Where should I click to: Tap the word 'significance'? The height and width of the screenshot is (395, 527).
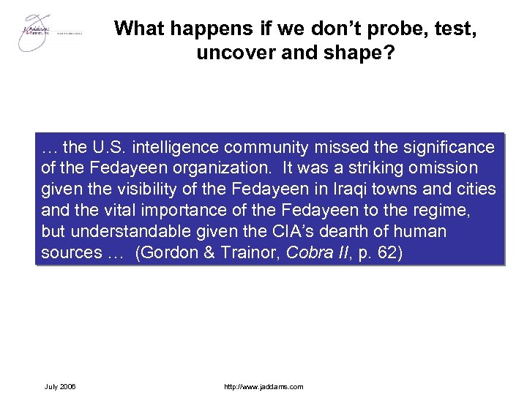point(447,147)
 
